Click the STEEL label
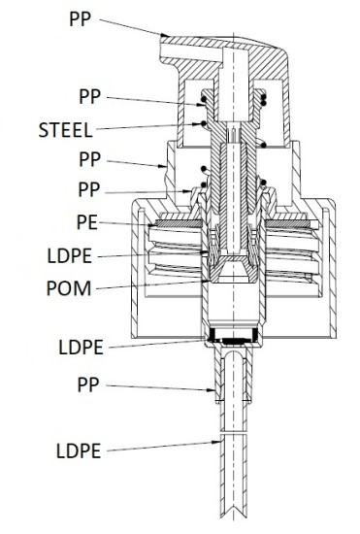(65, 130)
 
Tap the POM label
(69, 288)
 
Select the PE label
(87, 222)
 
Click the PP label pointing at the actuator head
(81, 19)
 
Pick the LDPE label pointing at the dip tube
(79, 451)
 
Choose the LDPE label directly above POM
(70, 255)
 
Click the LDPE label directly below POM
(81, 348)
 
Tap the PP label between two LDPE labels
(88, 384)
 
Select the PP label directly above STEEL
(90, 97)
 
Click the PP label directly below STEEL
(90, 159)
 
